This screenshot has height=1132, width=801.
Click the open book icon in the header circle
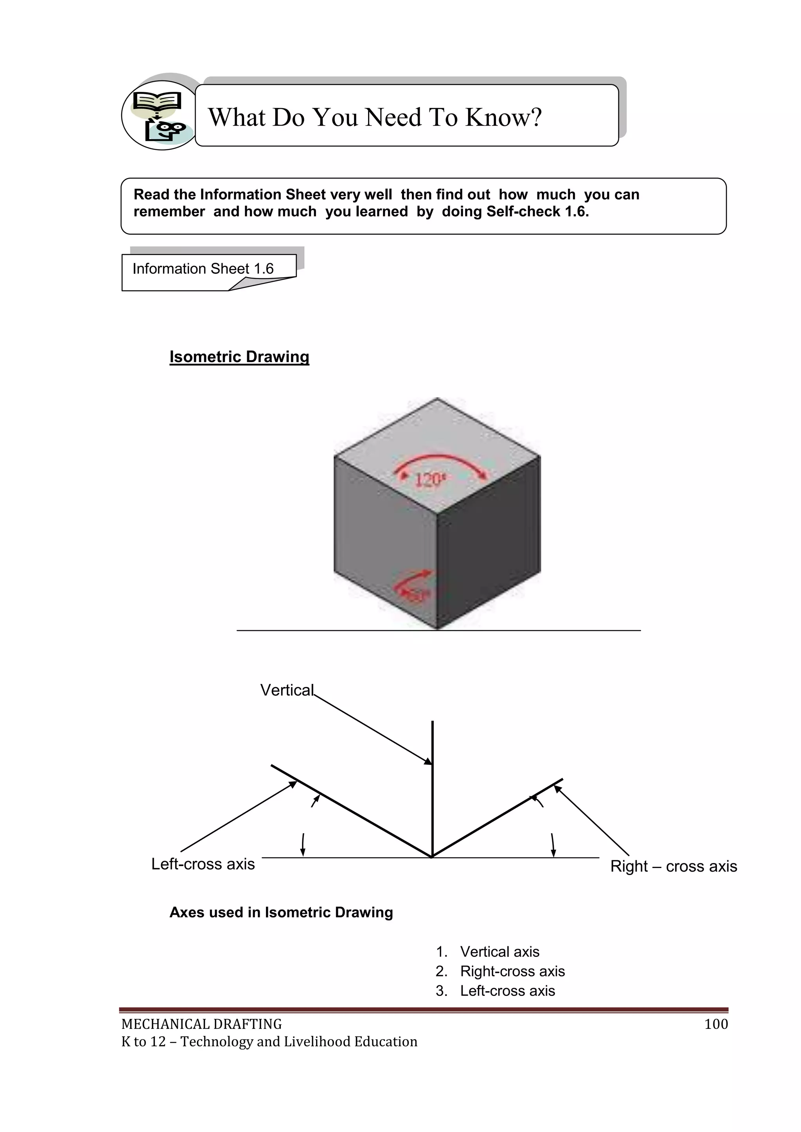click(x=157, y=102)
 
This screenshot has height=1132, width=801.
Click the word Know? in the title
click(x=504, y=117)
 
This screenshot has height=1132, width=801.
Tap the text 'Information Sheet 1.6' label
click(x=203, y=269)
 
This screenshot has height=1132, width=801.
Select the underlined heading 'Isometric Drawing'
click(x=239, y=357)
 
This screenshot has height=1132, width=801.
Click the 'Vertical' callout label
click(x=287, y=690)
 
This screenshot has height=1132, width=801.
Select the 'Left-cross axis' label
click(x=203, y=864)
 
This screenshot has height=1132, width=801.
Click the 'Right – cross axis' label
click(x=673, y=866)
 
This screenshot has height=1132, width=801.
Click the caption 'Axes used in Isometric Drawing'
click(x=281, y=912)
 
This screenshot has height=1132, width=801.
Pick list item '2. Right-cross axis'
click(x=500, y=971)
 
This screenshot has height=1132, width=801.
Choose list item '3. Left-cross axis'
click(x=495, y=990)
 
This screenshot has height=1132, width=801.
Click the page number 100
click(x=716, y=1024)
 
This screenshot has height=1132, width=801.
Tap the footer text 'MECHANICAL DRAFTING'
click(x=202, y=1024)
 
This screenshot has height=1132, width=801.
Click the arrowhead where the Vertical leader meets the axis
click(x=429, y=762)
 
